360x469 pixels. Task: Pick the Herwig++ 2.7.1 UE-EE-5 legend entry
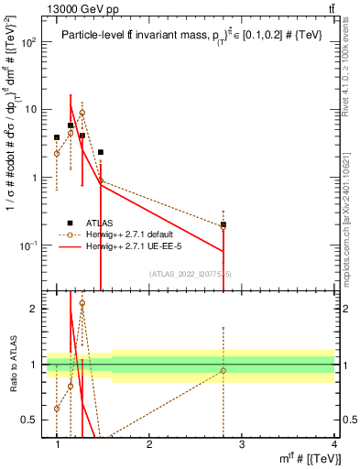click(134, 246)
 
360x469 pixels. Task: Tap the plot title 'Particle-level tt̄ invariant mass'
click(137, 36)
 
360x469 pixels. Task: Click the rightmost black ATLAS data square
click(224, 224)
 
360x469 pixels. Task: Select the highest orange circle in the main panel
click(82, 114)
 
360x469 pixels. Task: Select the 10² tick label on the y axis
click(29, 43)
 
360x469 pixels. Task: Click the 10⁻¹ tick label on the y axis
click(29, 245)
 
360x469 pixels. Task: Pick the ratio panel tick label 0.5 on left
click(29, 420)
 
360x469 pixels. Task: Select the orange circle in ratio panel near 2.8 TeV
click(224, 371)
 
